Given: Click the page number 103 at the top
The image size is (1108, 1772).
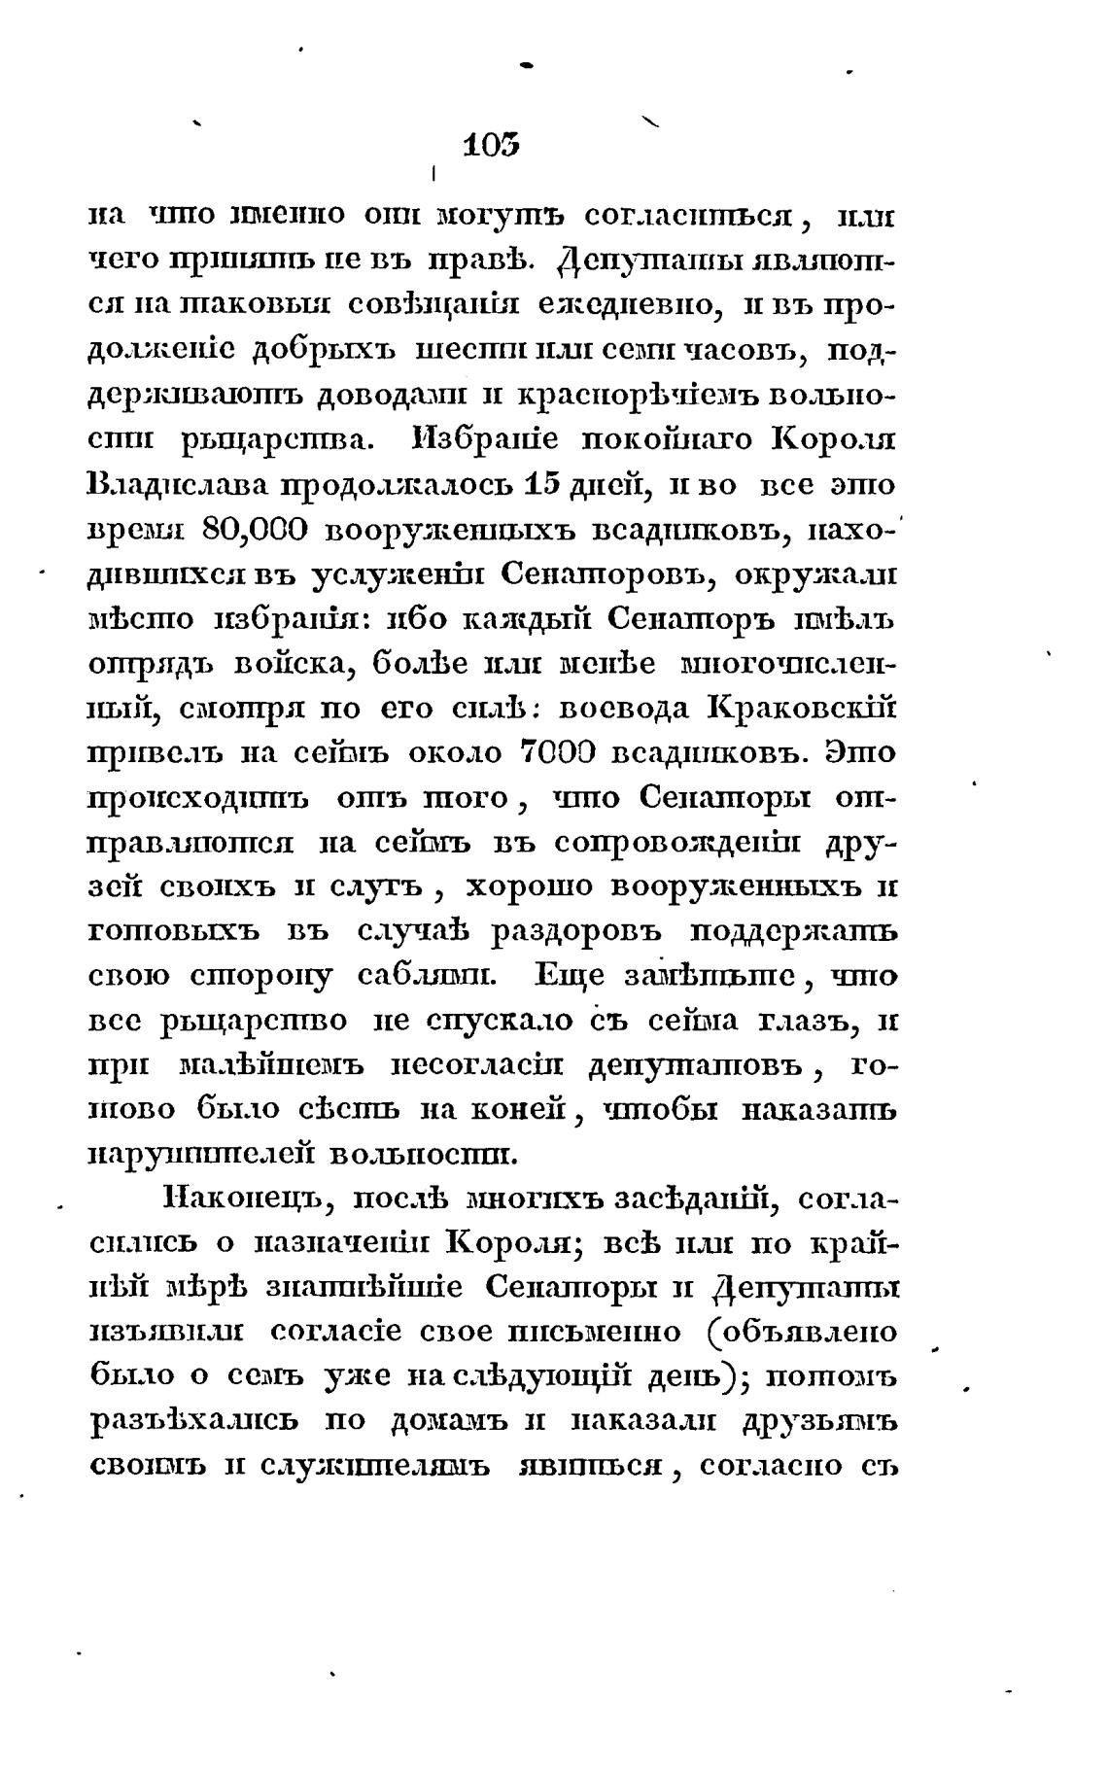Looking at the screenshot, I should coord(492,146).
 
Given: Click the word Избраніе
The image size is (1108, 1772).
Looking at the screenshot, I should coord(472,440).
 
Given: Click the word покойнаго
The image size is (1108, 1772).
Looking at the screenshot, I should coord(665,440).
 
